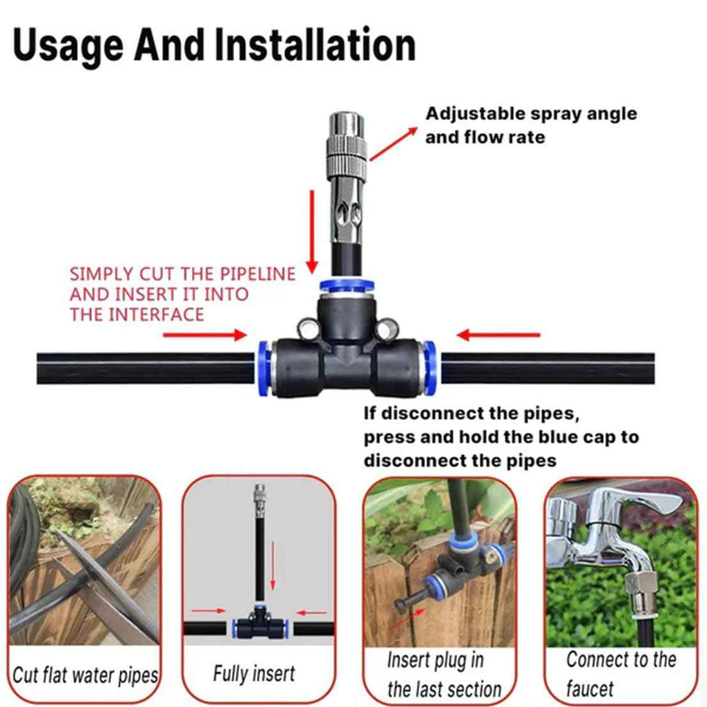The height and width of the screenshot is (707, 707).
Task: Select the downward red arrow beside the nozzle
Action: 312,231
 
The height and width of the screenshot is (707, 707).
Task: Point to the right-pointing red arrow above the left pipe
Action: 204,336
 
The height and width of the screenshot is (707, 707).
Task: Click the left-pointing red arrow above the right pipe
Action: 498,336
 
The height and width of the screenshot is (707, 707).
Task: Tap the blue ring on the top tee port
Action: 342,285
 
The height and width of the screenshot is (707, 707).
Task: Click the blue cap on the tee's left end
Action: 264,367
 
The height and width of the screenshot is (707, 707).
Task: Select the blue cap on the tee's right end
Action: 429,367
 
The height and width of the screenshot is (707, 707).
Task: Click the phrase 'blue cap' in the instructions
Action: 566,437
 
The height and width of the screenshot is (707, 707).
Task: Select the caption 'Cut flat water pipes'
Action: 85,674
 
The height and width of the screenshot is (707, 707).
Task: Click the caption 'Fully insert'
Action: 253,673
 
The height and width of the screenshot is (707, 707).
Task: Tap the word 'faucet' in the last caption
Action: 590,688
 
